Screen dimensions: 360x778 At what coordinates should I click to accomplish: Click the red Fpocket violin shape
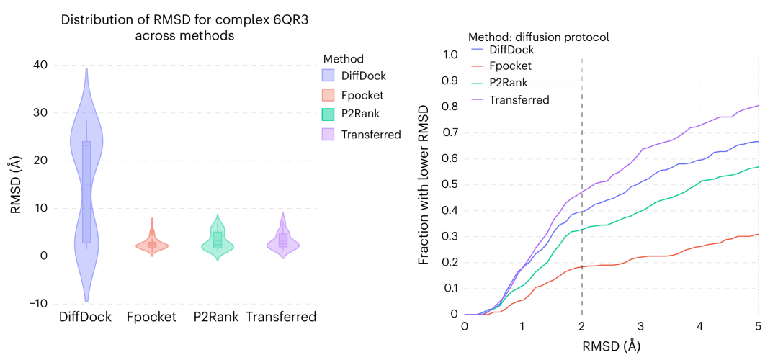click(x=152, y=246)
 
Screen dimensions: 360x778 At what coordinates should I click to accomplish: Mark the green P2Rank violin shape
click(x=217, y=242)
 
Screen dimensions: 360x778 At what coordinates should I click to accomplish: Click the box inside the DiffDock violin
click(x=86, y=191)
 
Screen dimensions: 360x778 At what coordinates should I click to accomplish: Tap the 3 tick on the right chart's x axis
click(x=641, y=326)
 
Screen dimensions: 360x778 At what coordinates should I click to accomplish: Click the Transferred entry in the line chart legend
click(x=519, y=100)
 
